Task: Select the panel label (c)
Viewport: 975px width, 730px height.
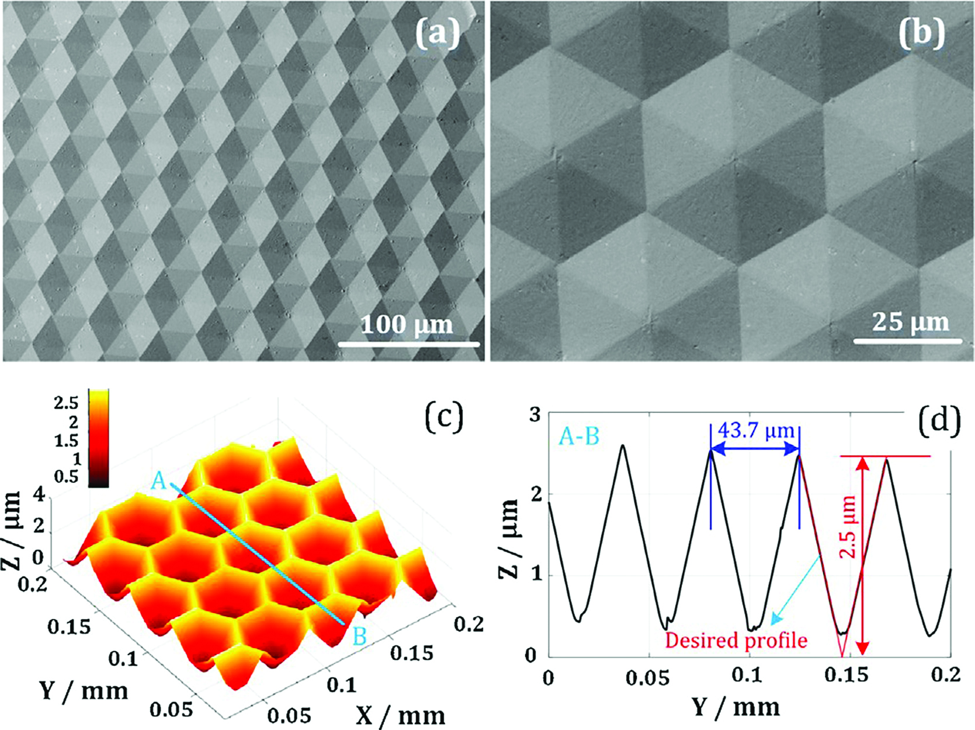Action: click(443, 418)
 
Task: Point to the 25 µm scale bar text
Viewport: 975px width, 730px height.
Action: click(910, 322)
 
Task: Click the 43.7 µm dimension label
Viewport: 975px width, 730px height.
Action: click(756, 431)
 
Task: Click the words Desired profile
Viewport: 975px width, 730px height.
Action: click(736, 640)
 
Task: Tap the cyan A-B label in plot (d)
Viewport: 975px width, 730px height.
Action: click(579, 436)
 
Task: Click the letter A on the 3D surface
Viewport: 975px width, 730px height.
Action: click(159, 481)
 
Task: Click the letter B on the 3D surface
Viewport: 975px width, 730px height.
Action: click(359, 636)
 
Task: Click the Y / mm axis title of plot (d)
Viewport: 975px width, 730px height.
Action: click(736, 707)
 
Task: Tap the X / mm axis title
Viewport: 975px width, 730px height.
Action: click(400, 715)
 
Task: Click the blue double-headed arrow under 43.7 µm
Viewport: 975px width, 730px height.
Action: click(755, 449)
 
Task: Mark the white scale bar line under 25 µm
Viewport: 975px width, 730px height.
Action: click(907, 341)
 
